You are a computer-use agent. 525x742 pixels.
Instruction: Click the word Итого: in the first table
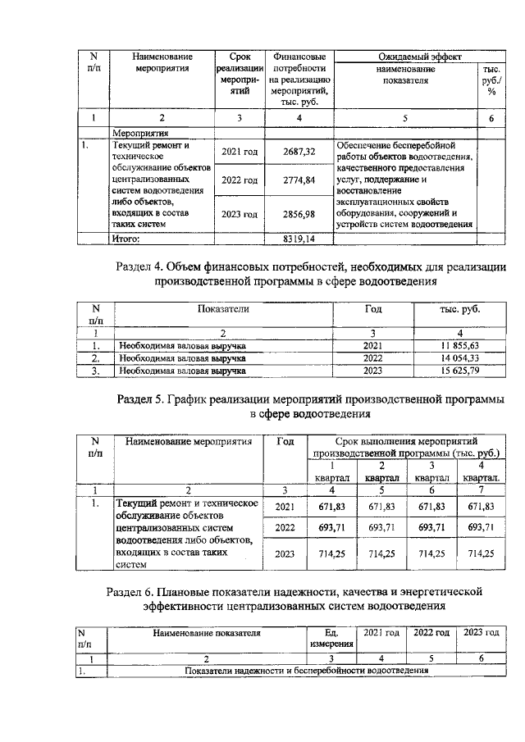126,239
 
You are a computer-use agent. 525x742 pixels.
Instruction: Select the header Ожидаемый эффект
418,57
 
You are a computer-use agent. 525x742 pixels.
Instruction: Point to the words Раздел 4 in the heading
139,266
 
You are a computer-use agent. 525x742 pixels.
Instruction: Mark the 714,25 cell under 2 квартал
381,553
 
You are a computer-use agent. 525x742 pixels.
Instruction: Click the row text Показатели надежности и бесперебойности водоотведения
308,671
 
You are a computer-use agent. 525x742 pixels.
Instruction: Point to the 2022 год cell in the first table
240,180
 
